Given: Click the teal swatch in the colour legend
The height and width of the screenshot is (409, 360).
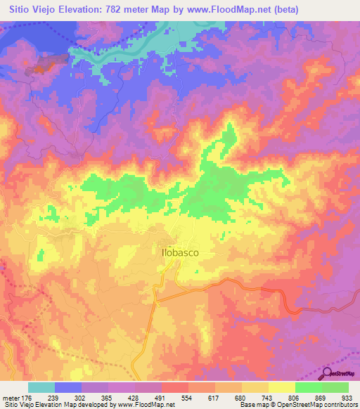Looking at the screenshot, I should click(41, 388).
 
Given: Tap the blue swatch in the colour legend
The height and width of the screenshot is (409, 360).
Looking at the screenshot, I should click(68, 388).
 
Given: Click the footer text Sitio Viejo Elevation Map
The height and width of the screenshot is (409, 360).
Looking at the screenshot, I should click(42, 405).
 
